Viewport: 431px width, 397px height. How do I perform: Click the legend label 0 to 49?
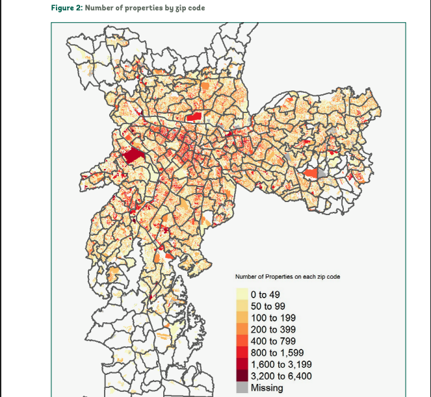[x=265, y=294]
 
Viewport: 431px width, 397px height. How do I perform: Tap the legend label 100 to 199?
[x=273, y=318]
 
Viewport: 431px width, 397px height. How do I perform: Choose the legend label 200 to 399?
[x=273, y=329]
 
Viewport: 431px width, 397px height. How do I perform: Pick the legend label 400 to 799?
[x=273, y=341]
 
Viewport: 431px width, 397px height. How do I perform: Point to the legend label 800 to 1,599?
[x=277, y=353]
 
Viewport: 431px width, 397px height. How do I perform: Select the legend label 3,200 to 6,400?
[x=281, y=376]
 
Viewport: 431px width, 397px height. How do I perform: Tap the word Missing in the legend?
[x=267, y=388]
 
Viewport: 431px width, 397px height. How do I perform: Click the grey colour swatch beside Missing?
[x=241, y=388]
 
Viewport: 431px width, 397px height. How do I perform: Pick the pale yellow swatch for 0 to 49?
[x=241, y=294]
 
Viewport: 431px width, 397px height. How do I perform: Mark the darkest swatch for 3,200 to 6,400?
[x=241, y=376]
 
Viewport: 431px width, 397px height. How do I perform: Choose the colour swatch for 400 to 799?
[x=241, y=341]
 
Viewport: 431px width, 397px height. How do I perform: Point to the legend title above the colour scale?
[x=287, y=277]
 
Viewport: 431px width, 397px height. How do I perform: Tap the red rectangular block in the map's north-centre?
[x=194, y=117]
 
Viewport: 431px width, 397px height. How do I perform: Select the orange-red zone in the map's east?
[x=311, y=173]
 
